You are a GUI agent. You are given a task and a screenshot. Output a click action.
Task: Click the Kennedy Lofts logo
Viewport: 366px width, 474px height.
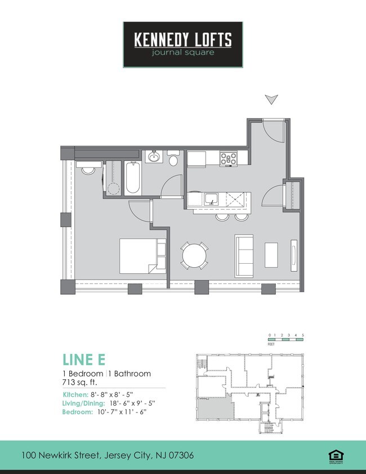183,45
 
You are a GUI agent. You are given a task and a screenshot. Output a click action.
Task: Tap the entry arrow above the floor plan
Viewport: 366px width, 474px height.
271,100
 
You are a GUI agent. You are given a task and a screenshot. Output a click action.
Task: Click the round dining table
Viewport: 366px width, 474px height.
194,255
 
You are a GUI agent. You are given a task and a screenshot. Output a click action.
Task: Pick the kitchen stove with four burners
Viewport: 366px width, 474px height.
229,158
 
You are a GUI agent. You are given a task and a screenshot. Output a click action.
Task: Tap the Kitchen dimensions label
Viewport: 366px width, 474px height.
105,395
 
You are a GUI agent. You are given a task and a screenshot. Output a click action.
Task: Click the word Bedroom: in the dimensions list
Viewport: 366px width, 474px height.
77,413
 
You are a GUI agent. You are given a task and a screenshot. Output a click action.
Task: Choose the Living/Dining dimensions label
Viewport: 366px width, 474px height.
108,404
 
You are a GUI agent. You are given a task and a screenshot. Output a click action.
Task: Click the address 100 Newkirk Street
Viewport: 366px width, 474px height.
108,455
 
